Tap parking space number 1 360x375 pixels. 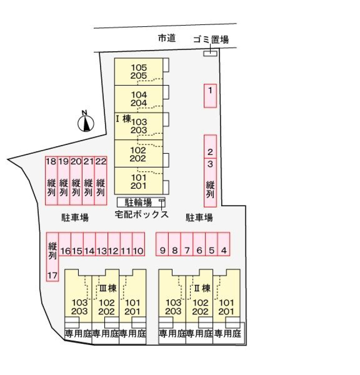click(210, 96)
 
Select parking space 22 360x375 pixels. click(101, 180)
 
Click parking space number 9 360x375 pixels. click(162, 244)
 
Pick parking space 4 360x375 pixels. click(224, 244)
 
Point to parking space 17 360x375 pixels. click(52, 256)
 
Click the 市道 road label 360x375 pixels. click(167, 39)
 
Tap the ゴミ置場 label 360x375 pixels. click(211, 40)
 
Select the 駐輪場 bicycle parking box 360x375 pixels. click(141, 202)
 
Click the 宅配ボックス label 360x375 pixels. click(142, 215)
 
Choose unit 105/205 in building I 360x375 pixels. click(139, 71)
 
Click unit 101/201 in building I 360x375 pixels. click(139, 181)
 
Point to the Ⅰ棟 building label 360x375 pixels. click(123, 119)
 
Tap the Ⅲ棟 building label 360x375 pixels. click(108, 288)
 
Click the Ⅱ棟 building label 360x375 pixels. click(202, 288)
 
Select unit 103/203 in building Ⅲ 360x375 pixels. click(79, 306)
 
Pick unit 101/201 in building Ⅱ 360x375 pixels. click(226, 306)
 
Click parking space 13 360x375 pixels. click(102, 244)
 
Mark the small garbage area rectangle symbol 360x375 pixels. click(210, 53)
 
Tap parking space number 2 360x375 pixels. click(210, 147)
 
